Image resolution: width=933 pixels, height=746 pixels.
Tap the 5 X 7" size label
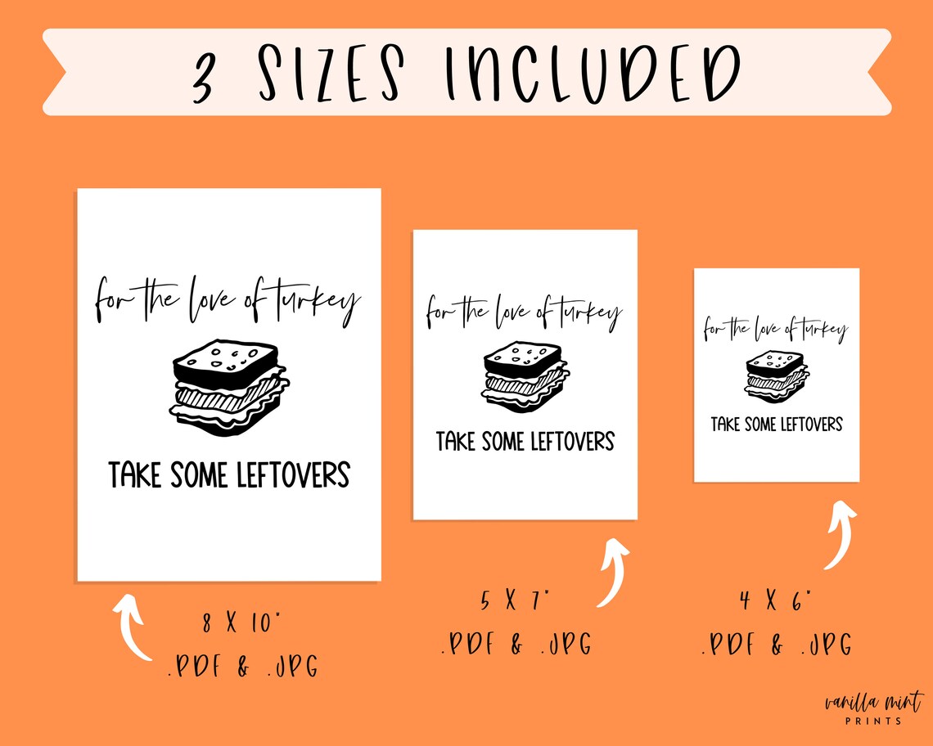tap(516, 603)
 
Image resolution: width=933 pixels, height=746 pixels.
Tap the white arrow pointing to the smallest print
tap(840, 536)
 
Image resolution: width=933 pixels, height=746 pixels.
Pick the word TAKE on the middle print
tap(456, 442)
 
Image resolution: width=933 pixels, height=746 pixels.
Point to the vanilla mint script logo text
tap(872, 702)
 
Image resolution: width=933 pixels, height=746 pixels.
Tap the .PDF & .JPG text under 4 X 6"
tap(776, 644)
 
